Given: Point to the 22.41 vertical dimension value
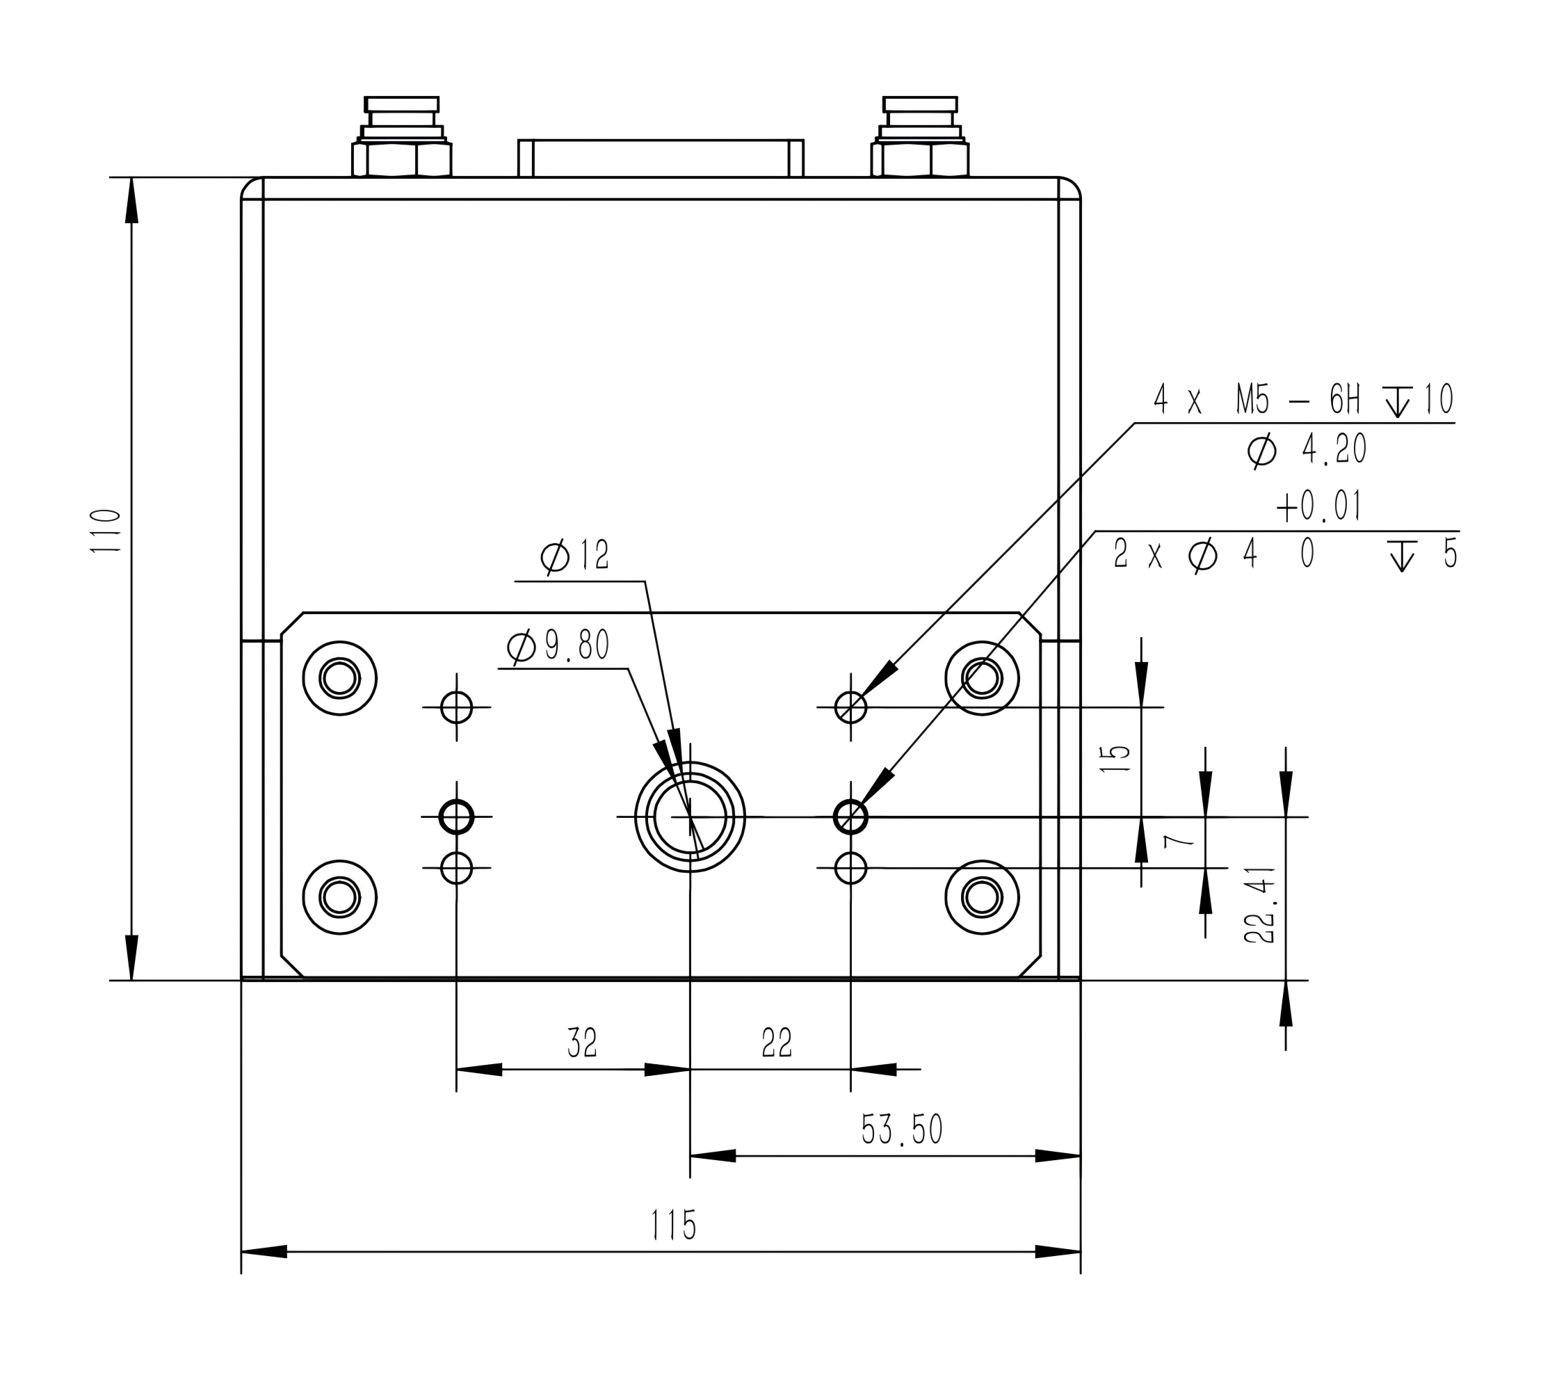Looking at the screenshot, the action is (1260, 905).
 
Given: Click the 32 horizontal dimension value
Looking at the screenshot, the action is (582, 1043).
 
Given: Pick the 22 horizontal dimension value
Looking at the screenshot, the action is (777, 1043).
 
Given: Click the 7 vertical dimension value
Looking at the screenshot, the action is (1178, 842).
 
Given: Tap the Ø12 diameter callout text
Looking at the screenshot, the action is (575, 556).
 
